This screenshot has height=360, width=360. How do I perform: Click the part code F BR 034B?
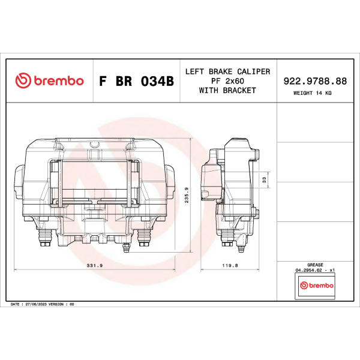pyautogui.click(x=136, y=81)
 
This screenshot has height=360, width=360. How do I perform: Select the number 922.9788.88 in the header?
pyautogui.click(x=315, y=81)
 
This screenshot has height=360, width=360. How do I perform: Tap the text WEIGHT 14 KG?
pyautogui.click(x=312, y=93)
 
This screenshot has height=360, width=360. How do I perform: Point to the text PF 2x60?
pyautogui.click(x=227, y=81)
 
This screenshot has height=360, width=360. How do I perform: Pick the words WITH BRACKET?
pyautogui.click(x=227, y=91)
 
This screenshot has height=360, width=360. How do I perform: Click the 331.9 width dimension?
pyautogui.click(x=95, y=266)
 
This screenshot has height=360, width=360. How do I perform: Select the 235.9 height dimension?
pyautogui.click(x=187, y=195)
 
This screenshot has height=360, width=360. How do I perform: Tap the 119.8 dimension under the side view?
pyautogui.click(x=230, y=266)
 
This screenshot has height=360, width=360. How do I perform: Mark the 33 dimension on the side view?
pyautogui.click(x=264, y=179)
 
